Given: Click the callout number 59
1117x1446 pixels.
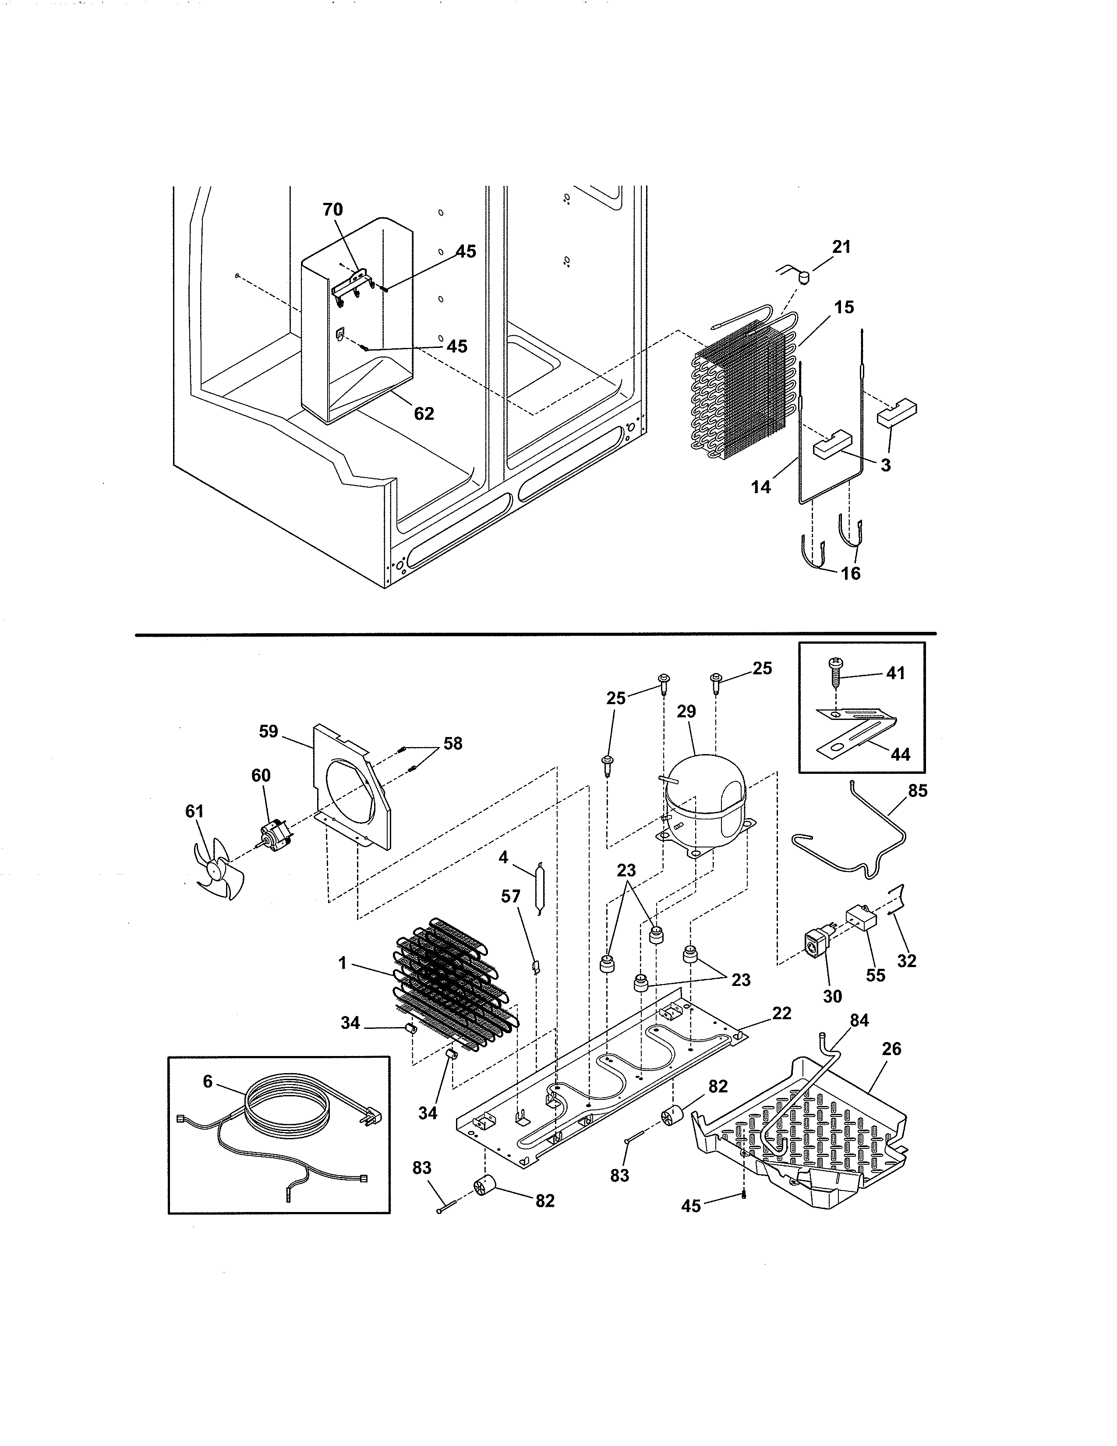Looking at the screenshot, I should (x=269, y=732).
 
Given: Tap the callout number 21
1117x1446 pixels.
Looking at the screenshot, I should (x=841, y=247).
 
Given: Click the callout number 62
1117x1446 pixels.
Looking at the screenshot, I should (x=424, y=414).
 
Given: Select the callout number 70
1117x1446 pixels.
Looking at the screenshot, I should (x=333, y=210).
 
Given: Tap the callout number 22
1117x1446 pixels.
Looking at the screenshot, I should (x=781, y=1014).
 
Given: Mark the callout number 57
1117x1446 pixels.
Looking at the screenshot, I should (x=511, y=897).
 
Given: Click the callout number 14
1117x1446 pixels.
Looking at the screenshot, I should (x=761, y=487).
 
